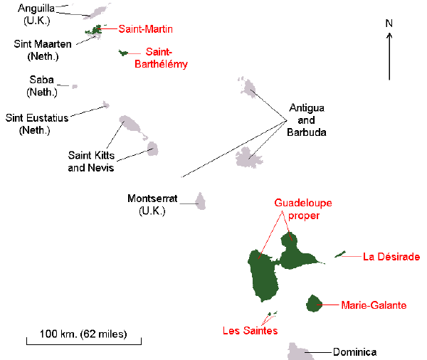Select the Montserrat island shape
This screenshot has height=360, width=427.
[x=201, y=201]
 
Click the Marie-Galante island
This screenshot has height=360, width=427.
[x=314, y=304]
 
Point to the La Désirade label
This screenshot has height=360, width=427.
[x=391, y=256]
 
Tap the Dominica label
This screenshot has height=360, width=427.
[x=354, y=351]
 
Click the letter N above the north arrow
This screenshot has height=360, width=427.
[x=389, y=23]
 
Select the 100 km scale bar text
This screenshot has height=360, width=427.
[x=83, y=333]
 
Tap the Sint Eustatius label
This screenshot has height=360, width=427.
[x=37, y=124]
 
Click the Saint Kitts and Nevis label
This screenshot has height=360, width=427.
[x=91, y=161]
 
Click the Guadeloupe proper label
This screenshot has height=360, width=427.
[x=303, y=208]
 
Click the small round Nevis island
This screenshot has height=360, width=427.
[x=152, y=148]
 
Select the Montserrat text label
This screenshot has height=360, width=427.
[x=152, y=203]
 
